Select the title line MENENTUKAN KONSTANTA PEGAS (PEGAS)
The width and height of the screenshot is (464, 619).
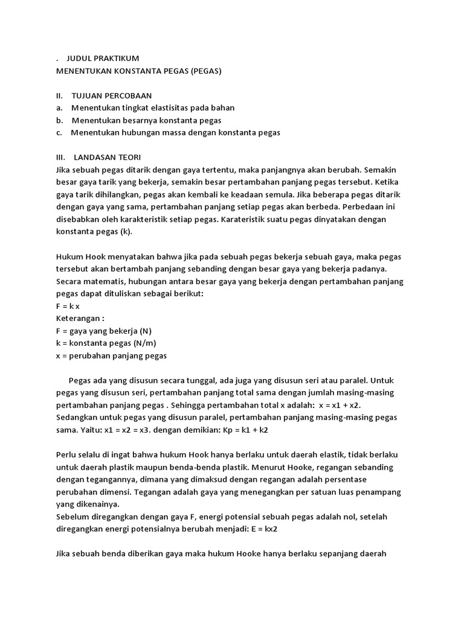(x=139, y=71)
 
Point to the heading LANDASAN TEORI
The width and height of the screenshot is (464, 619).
(x=108, y=157)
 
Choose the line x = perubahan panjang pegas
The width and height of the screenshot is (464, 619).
(x=111, y=355)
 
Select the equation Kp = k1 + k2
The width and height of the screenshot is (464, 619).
(x=242, y=430)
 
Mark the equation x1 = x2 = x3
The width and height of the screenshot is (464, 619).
(x=116, y=430)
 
